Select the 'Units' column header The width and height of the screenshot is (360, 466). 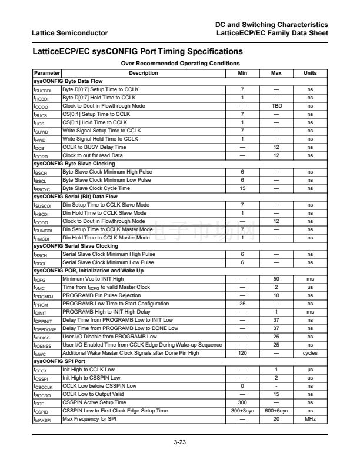(309, 73)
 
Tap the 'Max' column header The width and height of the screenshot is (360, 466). (276, 73)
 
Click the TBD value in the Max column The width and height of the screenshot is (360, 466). (276, 106)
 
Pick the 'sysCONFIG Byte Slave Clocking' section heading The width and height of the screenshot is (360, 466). (74, 163)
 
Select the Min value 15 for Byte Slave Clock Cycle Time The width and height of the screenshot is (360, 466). (242, 188)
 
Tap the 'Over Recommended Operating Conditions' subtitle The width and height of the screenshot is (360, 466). (180, 64)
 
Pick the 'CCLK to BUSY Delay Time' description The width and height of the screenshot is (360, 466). (94, 147)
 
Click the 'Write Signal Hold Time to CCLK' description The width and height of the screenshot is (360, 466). (100, 139)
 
